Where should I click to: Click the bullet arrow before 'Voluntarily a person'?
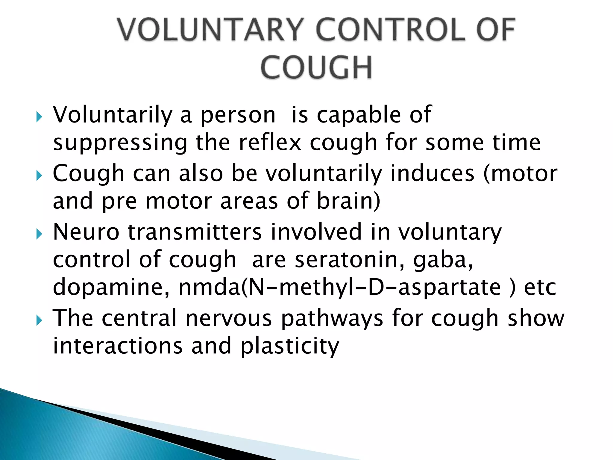(39, 117)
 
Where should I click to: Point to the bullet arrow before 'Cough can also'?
(39, 175)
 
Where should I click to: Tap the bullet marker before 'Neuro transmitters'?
(39, 234)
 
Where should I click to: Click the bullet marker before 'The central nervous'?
(39, 320)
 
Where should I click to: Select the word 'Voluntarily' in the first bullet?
(113, 115)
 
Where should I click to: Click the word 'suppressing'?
(120, 143)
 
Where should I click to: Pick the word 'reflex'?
(270, 143)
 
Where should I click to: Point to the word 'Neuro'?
(86, 232)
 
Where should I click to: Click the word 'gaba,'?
(443, 260)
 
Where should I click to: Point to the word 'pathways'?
(332, 318)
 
